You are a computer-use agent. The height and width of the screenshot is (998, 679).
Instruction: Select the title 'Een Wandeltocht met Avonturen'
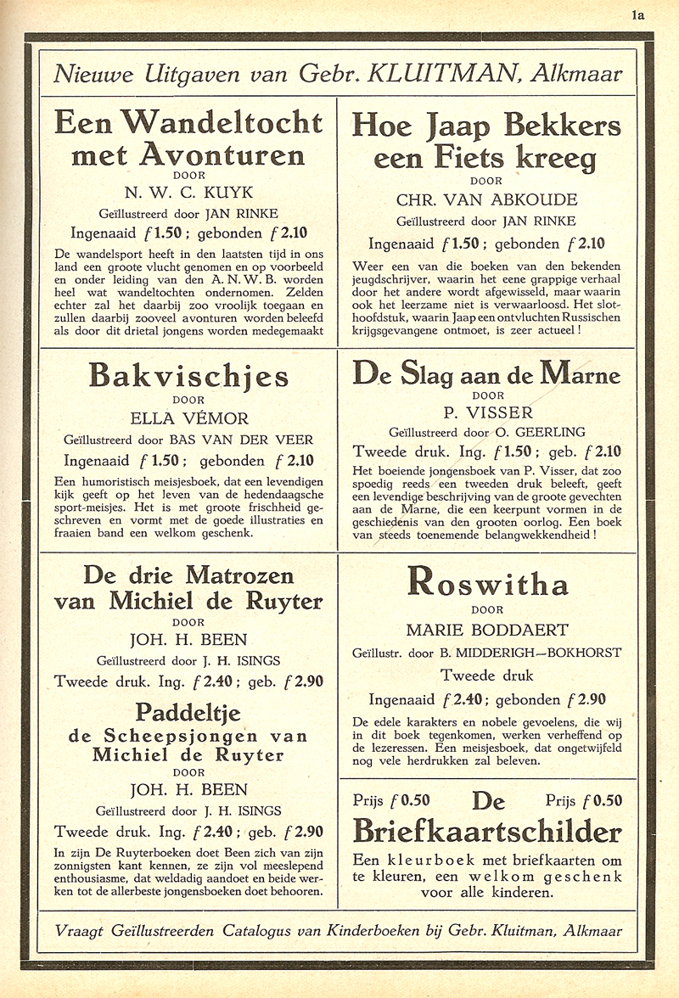coord(188,137)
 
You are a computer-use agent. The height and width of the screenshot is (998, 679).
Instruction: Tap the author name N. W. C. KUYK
coord(188,192)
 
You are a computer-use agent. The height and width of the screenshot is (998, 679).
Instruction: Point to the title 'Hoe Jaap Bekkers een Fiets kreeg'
coord(486,141)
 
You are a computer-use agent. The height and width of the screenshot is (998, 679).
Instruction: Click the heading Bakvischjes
coord(188,377)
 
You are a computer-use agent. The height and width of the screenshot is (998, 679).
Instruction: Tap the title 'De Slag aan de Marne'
coord(486,374)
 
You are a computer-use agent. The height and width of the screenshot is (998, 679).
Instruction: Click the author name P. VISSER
coord(486,413)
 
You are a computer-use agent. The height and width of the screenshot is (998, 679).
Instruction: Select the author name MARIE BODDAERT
coord(486,631)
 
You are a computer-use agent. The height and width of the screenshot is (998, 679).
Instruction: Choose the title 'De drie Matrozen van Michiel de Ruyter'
coord(188,588)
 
